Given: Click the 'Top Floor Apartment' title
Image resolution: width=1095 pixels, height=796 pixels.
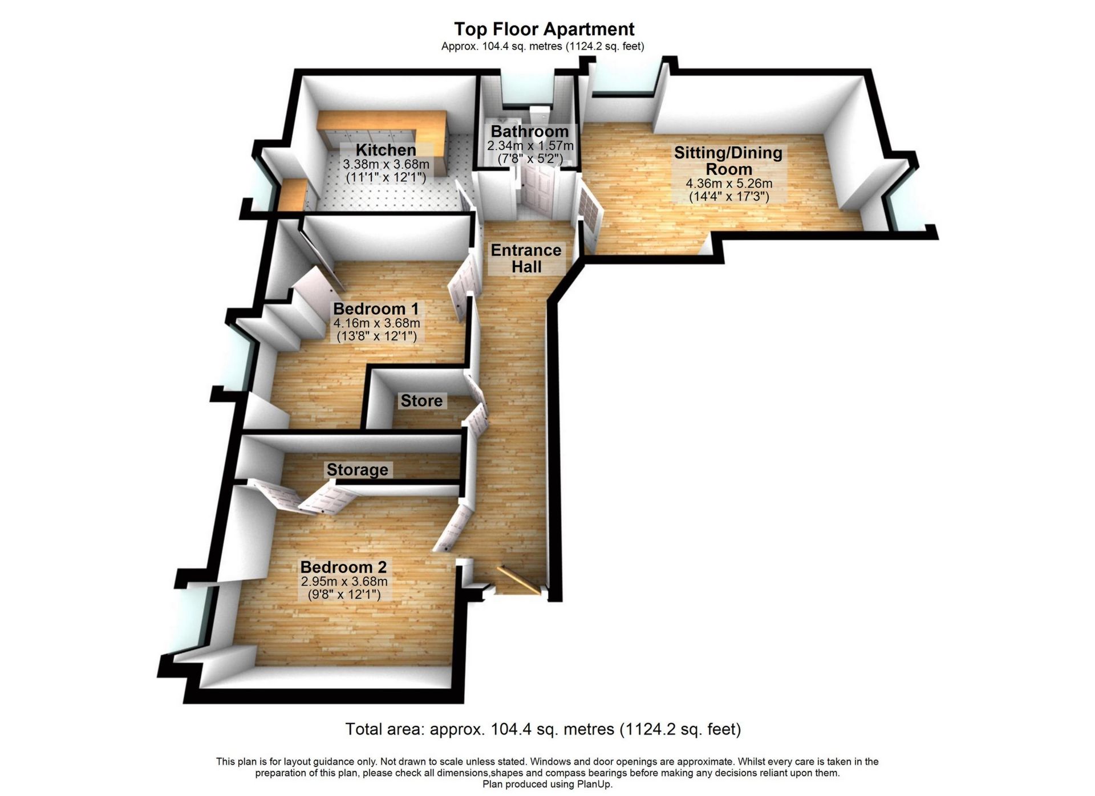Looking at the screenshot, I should click(x=544, y=29).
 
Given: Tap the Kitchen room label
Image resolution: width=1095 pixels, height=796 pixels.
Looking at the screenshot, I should click(x=386, y=151).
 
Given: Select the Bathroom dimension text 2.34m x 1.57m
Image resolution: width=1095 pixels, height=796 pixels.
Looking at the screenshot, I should click(x=530, y=146).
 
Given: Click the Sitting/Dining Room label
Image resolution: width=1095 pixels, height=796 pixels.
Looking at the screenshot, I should click(x=728, y=161).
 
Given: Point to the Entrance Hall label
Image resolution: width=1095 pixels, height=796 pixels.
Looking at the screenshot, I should click(x=526, y=258).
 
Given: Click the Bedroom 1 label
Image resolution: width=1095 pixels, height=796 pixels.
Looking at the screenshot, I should click(x=376, y=309).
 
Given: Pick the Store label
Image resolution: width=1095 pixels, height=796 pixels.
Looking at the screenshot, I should click(x=421, y=401).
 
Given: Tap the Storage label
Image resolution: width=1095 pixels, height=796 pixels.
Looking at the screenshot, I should click(x=357, y=470).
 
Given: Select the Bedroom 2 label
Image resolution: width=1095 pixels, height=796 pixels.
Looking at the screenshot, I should click(x=343, y=567).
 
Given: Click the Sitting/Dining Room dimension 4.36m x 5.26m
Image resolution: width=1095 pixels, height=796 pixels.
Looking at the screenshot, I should click(x=728, y=184).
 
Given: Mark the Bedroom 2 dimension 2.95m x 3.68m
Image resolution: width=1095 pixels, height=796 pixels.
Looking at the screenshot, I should click(x=344, y=582).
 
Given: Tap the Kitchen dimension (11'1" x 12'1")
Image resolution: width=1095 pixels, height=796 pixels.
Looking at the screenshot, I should click(x=386, y=177).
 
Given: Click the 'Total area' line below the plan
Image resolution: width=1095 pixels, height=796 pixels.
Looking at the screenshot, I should click(x=543, y=729).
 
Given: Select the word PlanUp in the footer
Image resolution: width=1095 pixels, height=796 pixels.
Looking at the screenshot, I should click(x=593, y=785).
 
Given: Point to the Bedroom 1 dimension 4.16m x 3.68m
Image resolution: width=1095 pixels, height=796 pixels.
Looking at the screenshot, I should click(x=376, y=323).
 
